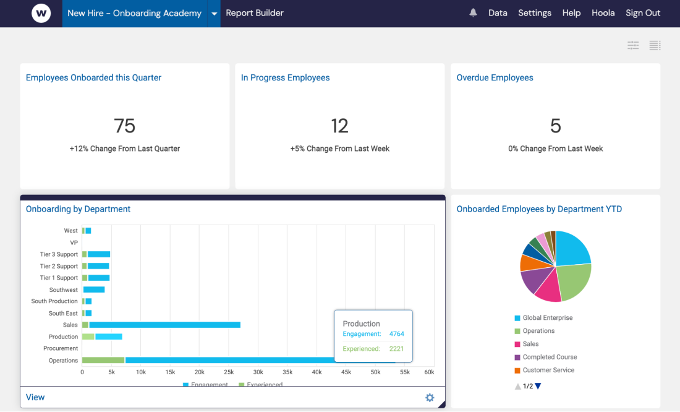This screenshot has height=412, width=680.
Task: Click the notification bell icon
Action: (x=473, y=13)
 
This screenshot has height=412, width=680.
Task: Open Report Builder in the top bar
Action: (x=255, y=13)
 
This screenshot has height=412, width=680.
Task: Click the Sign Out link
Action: (x=643, y=13)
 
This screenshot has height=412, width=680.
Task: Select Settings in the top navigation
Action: (x=535, y=13)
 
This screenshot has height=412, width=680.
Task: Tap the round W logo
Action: (x=41, y=13)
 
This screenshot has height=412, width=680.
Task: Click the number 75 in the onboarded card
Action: (x=124, y=126)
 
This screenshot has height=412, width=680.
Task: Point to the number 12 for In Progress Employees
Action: (x=339, y=126)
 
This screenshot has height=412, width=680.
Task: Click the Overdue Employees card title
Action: (x=495, y=78)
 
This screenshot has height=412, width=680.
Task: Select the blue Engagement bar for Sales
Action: (x=164, y=325)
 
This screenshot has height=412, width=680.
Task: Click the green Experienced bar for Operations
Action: (x=103, y=360)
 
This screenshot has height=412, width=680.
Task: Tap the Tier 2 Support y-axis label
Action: (x=59, y=266)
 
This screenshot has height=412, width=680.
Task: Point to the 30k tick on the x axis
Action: (x=258, y=372)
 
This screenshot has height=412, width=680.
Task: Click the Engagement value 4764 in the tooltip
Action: (x=396, y=334)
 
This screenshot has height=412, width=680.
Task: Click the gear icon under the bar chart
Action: (x=430, y=398)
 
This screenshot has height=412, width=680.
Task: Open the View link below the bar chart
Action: (x=35, y=397)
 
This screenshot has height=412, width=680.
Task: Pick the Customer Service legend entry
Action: (x=548, y=371)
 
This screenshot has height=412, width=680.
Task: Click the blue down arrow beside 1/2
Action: (x=538, y=386)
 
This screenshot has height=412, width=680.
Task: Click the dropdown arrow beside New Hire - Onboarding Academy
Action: (x=214, y=14)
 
